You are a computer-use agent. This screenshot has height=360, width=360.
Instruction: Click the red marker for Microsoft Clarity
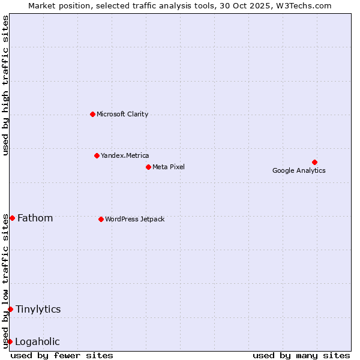[92, 114]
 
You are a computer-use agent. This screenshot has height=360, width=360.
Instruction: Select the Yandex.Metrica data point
[97, 155]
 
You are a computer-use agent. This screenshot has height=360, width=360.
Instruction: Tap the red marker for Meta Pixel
[148, 167]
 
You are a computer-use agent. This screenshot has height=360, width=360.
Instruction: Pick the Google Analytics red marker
[314, 162]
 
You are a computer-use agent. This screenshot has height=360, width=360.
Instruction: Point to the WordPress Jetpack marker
[101, 219]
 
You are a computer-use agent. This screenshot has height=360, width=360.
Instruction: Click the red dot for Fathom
[12, 218]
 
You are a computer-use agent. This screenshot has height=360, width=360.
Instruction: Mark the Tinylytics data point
[10, 309]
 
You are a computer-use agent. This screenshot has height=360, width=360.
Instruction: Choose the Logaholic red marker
[10, 341]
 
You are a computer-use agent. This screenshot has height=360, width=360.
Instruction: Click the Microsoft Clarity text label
[122, 114]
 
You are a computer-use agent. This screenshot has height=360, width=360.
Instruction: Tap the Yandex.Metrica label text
[125, 155]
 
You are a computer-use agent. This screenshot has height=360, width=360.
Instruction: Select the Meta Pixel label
[169, 167]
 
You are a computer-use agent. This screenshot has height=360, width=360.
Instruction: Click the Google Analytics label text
[299, 170]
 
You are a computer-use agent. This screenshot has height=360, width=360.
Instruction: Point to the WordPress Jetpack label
[134, 219]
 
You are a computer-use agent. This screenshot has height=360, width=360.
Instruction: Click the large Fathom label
[35, 218]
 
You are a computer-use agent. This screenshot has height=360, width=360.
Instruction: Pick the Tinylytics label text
[38, 309]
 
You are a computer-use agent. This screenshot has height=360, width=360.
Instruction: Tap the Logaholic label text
[37, 341]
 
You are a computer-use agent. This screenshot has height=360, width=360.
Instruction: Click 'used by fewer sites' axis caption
[62, 355]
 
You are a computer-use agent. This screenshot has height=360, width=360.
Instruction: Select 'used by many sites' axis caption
[301, 355]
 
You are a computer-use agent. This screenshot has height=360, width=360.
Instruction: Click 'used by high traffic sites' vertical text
[5, 85]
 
